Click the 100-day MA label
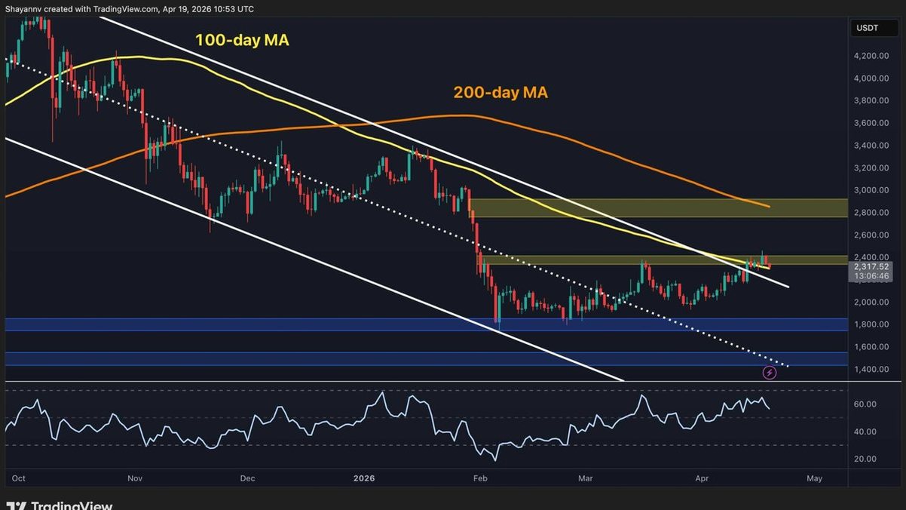[242, 40]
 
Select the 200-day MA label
[500, 93]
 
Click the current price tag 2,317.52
[869, 266]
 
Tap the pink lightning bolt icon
[770, 372]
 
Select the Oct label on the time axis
[20, 478]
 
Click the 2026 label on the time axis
[364, 478]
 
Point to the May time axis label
[814, 478]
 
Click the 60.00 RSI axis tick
[865, 404]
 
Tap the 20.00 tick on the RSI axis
[865, 459]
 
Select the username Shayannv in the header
[26, 9]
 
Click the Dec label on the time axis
[248, 478]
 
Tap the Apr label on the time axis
[702, 478]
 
